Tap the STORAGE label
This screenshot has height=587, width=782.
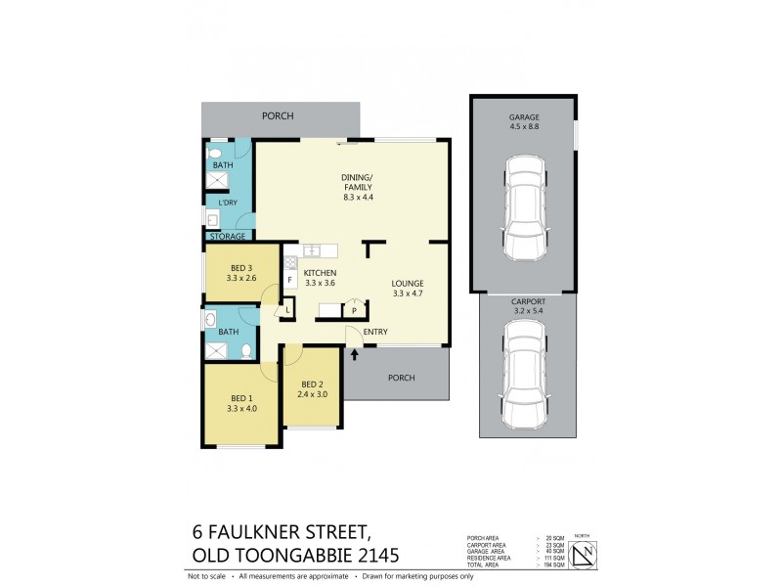(x=227, y=236)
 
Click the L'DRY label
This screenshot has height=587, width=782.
(x=227, y=203)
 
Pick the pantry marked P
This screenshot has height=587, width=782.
(x=354, y=310)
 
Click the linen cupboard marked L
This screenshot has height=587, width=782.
(x=287, y=311)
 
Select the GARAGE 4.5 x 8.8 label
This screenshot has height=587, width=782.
(x=523, y=119)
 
